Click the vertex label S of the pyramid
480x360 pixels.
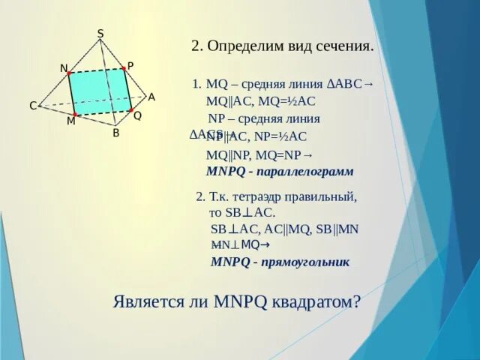click(x=100, y=33)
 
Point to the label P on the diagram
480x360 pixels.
click(x=130, y=66)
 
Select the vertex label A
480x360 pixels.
click(x=151, y=97)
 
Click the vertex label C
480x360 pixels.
click(x=33, y=106)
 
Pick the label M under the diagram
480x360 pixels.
click(x=70, y=121)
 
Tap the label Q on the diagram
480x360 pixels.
click(x=137, y=116)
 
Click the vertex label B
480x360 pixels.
click(x=115, y=133)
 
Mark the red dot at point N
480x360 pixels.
click(x=70, y=73)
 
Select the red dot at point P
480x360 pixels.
click(x=125, y=70)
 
